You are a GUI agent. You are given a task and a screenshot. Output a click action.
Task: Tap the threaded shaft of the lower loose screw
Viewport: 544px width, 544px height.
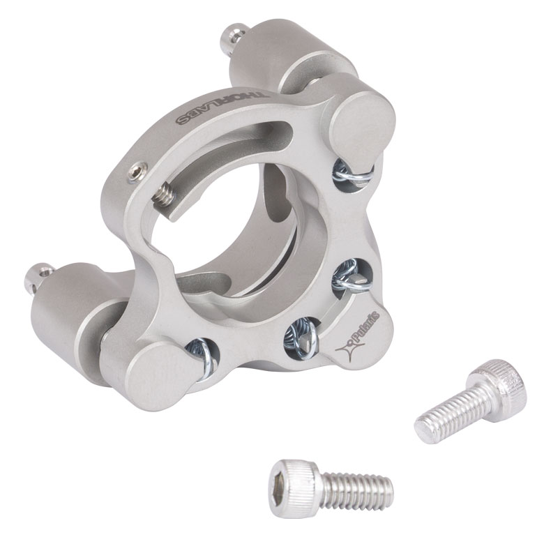tap(356, 490)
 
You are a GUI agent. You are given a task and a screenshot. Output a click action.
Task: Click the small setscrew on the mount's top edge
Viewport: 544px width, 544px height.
tap(137, 172)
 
